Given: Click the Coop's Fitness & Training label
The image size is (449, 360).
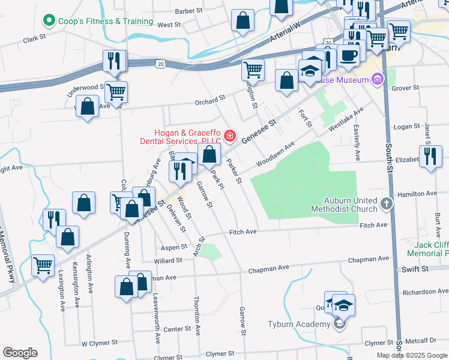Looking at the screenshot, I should click(x=105, y=21).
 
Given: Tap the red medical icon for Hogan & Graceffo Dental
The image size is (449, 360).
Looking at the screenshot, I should click(x=229, y=137).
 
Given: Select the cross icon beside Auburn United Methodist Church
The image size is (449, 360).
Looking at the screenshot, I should click(x=387, y=204).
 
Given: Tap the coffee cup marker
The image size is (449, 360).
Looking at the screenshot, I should click(x=349, y=56).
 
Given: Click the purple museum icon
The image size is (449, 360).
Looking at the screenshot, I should click(x=377, y=79).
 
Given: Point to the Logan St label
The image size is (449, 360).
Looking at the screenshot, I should click(x=406, y=127).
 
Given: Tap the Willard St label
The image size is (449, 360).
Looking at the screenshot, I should click(x=167, y=261).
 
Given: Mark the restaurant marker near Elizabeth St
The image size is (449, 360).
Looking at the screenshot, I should click(x=430, y=157).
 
